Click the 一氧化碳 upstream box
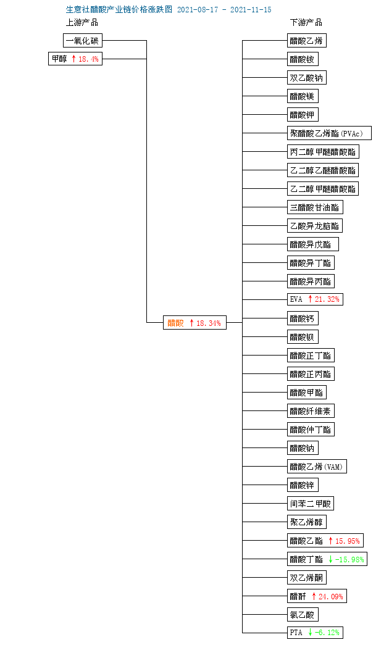[x=82, y=41]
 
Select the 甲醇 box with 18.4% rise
[x=75, y=59]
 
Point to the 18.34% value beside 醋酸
[x=209, y=323]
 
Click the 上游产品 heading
[x=82, y=23]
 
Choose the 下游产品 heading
[x=306, y=23]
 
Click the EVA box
[x=315, y=299]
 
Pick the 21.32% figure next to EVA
[x=327, y=299]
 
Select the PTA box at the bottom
[x=315, y=633]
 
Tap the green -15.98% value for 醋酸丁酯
[x=349, y=559]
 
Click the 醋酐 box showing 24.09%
[x=317, y=596]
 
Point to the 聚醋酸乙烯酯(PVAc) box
[x=329, y=133]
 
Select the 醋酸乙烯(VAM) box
[x=317, y=467]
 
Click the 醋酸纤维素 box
[x=311, y=411]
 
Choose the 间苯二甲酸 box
[x=311, y=504]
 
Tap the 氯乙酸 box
[x=303, y=615]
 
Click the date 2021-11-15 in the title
[x=251, y=10]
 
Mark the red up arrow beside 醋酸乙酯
[x=330, y=541]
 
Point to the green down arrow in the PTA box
[x=310, y=633]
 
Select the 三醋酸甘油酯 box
[x=315, y=207]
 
